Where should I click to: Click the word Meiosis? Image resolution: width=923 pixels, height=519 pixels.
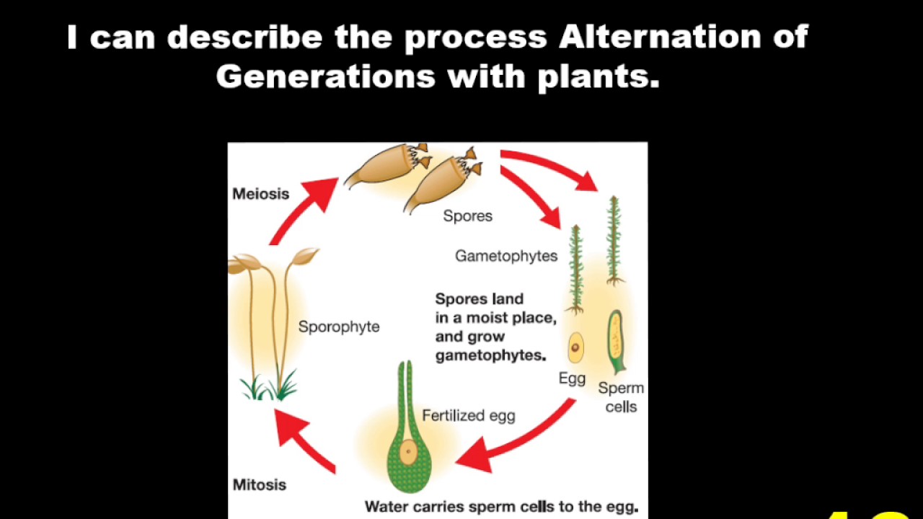pyautogui.click(x=260, y=194)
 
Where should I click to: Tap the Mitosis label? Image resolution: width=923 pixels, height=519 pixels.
pyautogui.click(x=259, y=484)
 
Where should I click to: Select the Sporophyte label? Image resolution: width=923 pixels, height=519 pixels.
pyautogui.click(x=339, y=327)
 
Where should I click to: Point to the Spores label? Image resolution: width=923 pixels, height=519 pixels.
pyautogui.click(x=467, y=216)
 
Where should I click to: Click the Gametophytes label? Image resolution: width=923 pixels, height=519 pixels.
pyautogui.click(x=506, y=256)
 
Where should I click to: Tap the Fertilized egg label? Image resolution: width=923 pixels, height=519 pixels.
pyautogui.click(x=468, y=415)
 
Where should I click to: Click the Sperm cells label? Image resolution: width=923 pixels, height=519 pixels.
pyautogui.click(x=621, y=397)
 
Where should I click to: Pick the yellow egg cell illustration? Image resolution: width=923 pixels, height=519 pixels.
pyautogui.click(x=575, y=348)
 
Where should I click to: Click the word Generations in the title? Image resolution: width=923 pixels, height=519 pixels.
pyautogui.click(x=325, y=76)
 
